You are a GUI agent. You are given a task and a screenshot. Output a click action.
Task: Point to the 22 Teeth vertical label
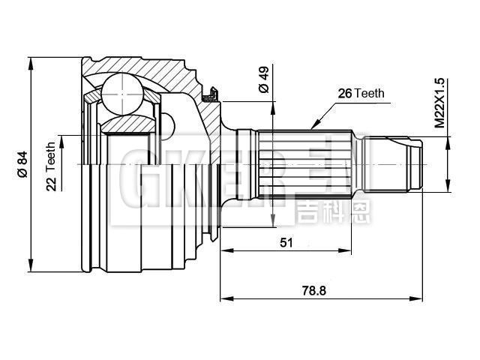[x=52, y=166]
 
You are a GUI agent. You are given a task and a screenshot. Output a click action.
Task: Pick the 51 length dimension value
[x=286, y=242]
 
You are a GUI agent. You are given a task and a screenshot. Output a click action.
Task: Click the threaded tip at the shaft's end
[x=405, y=163]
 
